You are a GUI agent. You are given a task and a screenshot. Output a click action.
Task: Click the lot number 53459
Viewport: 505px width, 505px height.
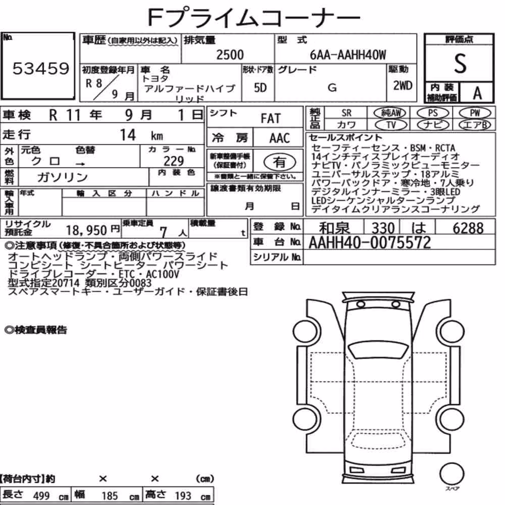pos(41,68)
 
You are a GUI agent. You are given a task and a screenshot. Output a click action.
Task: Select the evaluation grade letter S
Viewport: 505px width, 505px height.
pos(460,64)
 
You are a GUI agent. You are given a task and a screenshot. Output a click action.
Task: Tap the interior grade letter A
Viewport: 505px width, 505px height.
pos(477,93)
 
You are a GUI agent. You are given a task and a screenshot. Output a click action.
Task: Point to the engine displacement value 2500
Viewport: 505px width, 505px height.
pos(230,55)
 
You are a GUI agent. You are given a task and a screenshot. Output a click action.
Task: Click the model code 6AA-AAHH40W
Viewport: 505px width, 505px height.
pos(348,55)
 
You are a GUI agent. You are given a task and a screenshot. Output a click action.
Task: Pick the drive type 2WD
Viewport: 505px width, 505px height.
pos(402,86)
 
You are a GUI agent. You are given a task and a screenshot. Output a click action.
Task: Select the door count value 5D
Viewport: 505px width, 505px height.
pos(260,87)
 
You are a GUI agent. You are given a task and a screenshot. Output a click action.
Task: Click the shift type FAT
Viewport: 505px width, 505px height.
pos(271,119)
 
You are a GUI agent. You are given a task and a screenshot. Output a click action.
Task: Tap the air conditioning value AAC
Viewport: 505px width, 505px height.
pos(280,138)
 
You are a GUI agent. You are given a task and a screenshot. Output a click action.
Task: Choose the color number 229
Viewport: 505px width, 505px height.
pos(174,161)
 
